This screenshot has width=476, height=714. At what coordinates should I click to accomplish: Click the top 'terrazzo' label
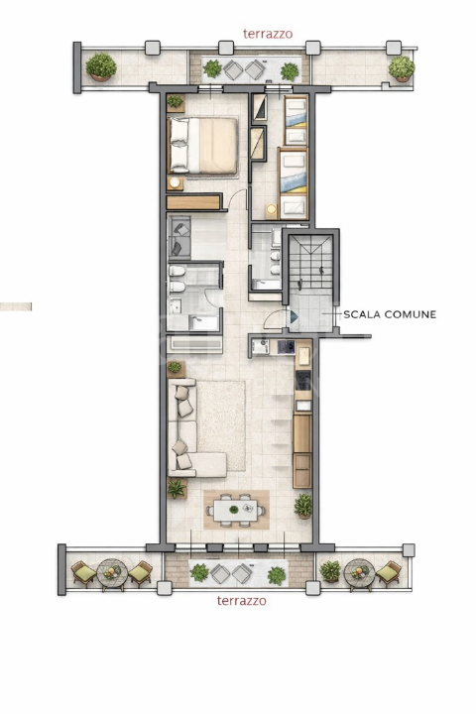pos(268,34)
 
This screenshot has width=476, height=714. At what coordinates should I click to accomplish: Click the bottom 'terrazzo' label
pos(241,601)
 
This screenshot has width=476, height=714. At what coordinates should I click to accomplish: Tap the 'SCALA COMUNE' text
pos(390,314)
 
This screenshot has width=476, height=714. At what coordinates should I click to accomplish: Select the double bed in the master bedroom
pos(203,146)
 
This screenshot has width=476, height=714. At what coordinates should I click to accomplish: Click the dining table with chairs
pos(235,510)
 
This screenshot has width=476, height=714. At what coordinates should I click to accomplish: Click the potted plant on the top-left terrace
pos(101,67)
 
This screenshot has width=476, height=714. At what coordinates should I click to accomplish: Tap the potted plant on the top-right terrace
pos(402,68)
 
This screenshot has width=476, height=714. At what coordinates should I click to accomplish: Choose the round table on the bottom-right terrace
pos(359,574)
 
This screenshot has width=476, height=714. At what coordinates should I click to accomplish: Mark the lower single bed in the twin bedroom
pos(293,183)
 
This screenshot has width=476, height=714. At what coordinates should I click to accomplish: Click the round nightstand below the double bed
pos(175,182)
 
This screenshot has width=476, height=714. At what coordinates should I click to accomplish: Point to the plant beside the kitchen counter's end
pos(303,506)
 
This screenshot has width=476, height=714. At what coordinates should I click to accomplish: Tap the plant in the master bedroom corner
pos(175,101)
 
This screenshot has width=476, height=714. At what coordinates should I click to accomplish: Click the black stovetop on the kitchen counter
pos(303,380)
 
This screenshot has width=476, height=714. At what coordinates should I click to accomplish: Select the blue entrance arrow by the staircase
pos(294,317)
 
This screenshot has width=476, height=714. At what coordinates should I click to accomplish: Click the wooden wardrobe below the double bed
pos(193,202)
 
